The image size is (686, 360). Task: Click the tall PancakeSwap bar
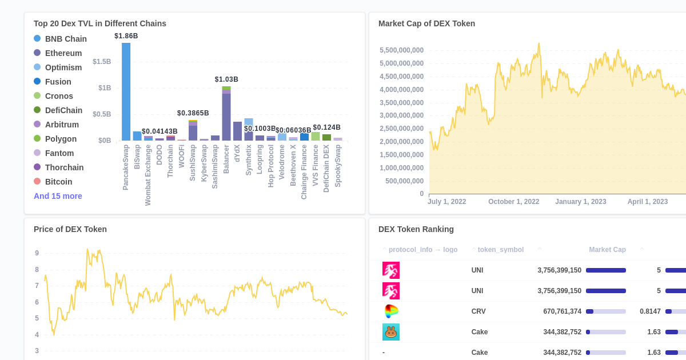tap(126, 91)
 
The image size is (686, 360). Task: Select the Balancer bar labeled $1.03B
tap(226, 114)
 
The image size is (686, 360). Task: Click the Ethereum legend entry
tap(63, 53)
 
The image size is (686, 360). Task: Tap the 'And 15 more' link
tap(58, 196)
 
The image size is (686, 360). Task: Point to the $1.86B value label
tap(126, 36)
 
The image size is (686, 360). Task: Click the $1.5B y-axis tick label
tap(102, 62)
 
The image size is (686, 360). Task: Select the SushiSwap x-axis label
tap(193, 163)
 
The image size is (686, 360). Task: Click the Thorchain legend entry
tap(64, 167)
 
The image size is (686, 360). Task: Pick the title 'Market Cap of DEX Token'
tap(426, 23)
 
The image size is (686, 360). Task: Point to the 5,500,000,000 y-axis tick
tap(401, 50)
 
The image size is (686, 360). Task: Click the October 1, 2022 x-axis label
tap(513, 202)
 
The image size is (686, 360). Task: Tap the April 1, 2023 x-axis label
tap(647, 202)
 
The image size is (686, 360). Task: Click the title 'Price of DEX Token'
tap(70, 229)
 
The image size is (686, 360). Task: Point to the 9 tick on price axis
tap(37, 253)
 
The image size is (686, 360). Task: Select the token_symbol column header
tap(500, 250)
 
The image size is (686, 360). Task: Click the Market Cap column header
tap(607, 250)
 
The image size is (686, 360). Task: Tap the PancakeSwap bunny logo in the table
tap(391, 332)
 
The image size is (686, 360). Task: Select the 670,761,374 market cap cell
tap(562, 311)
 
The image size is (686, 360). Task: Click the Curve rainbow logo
tap(391, 311)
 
